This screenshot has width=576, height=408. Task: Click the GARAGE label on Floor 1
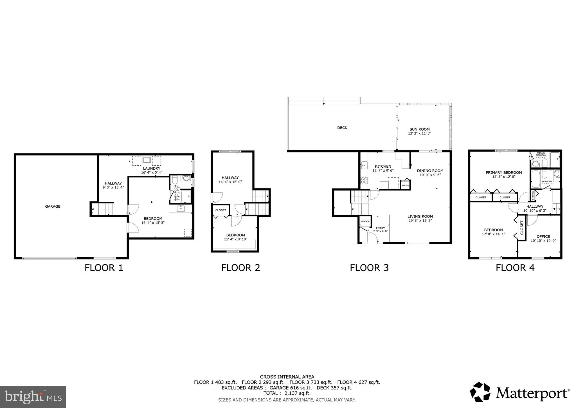[53, 207]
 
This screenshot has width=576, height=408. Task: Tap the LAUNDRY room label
[152, 168]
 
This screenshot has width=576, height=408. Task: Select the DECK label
[342, 128]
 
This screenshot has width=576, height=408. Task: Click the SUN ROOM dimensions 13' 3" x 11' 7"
[419, 134]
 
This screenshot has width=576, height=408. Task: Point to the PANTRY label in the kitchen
[405, 185]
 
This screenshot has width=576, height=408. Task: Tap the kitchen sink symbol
[364, 164]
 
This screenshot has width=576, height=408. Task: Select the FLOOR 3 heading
[369, 268]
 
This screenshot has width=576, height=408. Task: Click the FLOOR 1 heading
[104, 268]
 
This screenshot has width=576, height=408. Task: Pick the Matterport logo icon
[480, 392]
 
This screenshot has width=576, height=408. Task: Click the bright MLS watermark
[33, 397]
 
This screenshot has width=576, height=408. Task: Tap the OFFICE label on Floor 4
[543, 237]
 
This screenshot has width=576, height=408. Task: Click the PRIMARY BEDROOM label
[504, 173]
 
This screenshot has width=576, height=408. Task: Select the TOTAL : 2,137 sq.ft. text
[287, 393]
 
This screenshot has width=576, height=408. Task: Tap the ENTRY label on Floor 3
[380, 228]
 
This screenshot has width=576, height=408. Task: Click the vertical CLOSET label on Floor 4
[522, 228]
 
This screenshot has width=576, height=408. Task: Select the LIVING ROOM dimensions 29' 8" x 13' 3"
[420, 221]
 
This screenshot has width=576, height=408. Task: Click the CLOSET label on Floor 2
[220, 210]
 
